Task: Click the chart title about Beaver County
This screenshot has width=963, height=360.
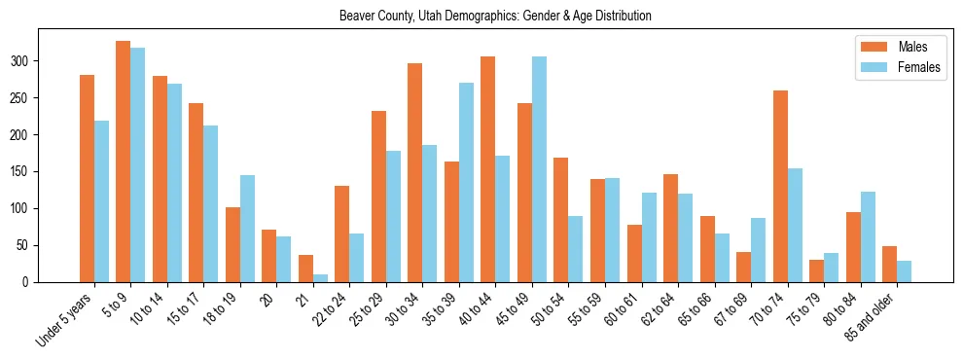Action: [x=495, y=17]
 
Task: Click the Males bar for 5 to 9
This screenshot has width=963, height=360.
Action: [x=124, y=162]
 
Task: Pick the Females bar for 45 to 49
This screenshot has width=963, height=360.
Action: [x=539, y=169]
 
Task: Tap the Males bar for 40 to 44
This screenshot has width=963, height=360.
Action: [x=488, y=169]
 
